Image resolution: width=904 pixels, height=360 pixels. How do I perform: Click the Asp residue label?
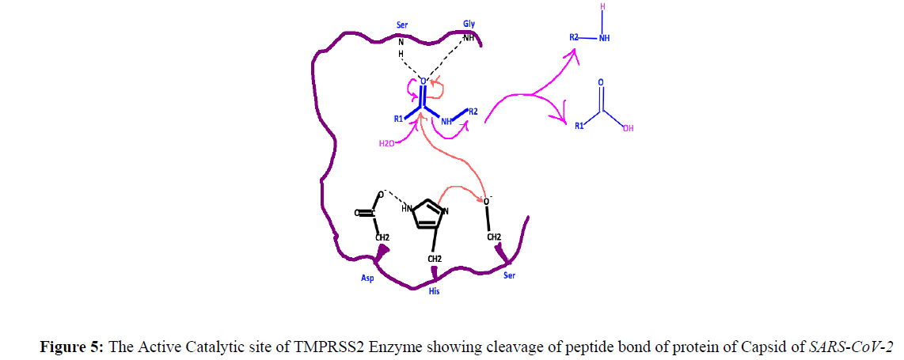(x=367, y=278)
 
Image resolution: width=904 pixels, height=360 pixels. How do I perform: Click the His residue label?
(x=434, y=292)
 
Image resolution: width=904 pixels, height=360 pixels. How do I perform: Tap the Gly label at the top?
(x=469, y=25)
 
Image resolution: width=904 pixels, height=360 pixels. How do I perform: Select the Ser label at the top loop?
(x=402, y=25)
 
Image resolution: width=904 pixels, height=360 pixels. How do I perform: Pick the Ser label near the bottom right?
(x=511, y=276)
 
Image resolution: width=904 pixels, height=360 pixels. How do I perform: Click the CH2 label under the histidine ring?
(x=435, y=259)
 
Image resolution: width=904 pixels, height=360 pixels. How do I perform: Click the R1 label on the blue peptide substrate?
(x=398, y=119)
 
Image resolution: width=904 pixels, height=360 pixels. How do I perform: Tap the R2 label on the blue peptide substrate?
(x=473, y=112)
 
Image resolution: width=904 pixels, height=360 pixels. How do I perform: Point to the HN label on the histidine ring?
(x=407, y=208)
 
